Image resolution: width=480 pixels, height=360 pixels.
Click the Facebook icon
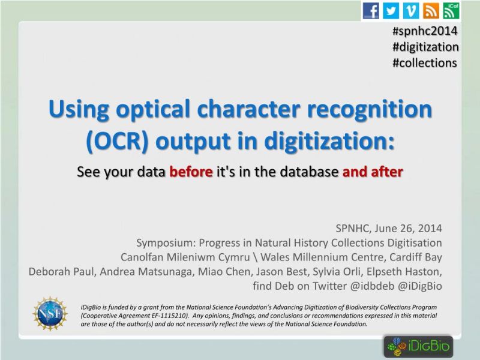(371, 10)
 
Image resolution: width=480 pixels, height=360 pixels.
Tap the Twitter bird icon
(391, 10)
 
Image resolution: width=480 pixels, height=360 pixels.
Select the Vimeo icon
(410, 10)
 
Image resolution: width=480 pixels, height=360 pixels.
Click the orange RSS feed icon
(430, 10)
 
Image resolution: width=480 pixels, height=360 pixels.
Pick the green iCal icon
(451, 10)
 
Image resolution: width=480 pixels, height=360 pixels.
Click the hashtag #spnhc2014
(425, 31)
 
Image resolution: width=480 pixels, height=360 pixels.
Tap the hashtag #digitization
(425, 47)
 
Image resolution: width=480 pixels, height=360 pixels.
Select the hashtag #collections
(424, 62)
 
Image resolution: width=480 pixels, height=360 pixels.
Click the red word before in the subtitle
(191, 172)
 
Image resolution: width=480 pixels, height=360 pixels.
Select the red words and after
(373, 172)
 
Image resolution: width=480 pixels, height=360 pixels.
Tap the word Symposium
(164, 243)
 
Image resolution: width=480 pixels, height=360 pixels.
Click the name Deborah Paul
(61, 272)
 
